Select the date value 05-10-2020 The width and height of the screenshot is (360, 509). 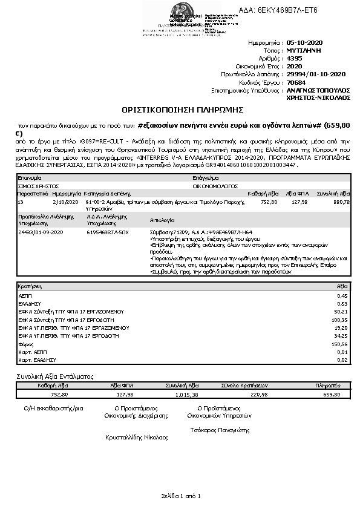tap(306, 44)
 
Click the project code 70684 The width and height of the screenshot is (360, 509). tap(296, 82)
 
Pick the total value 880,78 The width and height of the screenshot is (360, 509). tap(341, 202)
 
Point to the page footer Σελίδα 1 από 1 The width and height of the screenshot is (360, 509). tap(180, 496)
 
